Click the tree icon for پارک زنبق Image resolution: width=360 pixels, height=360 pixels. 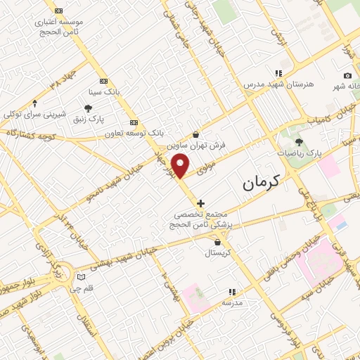(87, 108)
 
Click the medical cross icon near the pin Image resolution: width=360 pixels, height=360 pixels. (201, 203)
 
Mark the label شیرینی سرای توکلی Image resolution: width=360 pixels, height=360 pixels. (34, 114)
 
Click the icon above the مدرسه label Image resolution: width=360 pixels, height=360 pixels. (231, 292)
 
